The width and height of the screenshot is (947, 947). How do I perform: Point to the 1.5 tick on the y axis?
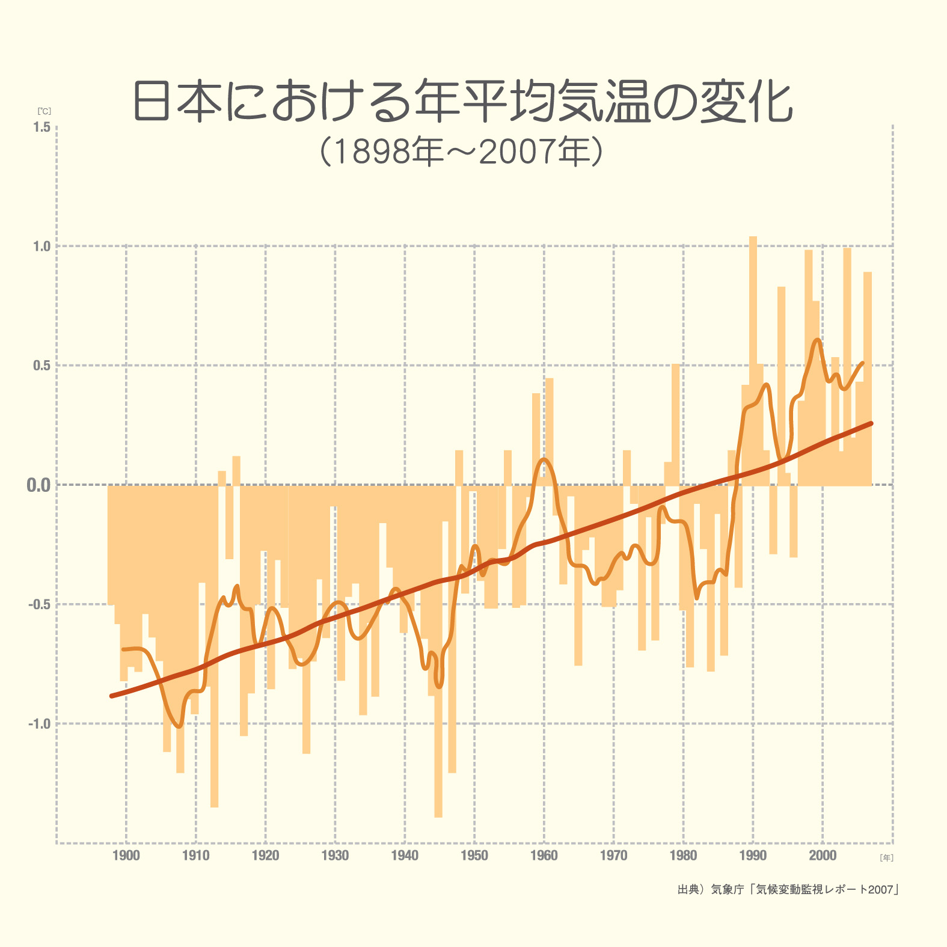(42, 127)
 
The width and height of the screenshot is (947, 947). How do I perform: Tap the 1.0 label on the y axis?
(42, 246)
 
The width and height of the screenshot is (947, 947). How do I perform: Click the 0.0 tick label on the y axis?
(38, 485)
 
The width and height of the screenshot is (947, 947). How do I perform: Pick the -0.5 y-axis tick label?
(40, 604)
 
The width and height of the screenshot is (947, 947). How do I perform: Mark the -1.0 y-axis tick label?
(40, 724)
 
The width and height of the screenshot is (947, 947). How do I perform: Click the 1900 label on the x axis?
(126, 856)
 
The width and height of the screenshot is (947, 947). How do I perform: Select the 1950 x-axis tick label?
(474, 856)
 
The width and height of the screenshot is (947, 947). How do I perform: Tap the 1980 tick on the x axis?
(684, 856)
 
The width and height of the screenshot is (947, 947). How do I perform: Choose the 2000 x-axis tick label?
(823, 856)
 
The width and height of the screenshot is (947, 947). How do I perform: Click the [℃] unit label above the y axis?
(44, 111)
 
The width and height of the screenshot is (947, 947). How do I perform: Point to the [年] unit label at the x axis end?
(886, 858)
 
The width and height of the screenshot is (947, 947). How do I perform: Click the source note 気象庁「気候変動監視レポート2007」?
(788, 889)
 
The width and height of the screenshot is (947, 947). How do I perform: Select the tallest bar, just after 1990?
(753, 361)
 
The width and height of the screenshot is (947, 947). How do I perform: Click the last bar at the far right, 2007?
(868, 379)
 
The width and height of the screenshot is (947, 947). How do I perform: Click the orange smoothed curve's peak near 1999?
(817, 340)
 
